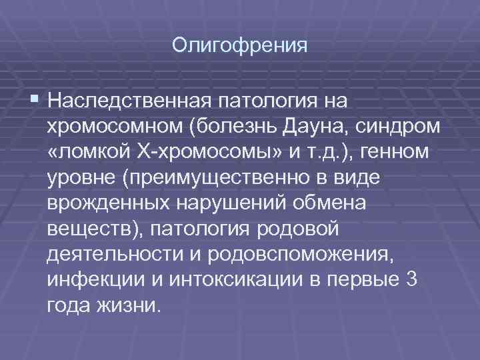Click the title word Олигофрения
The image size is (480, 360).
239,45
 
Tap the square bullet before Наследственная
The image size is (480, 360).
35,100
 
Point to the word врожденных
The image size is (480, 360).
103,205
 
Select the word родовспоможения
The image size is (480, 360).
300,257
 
